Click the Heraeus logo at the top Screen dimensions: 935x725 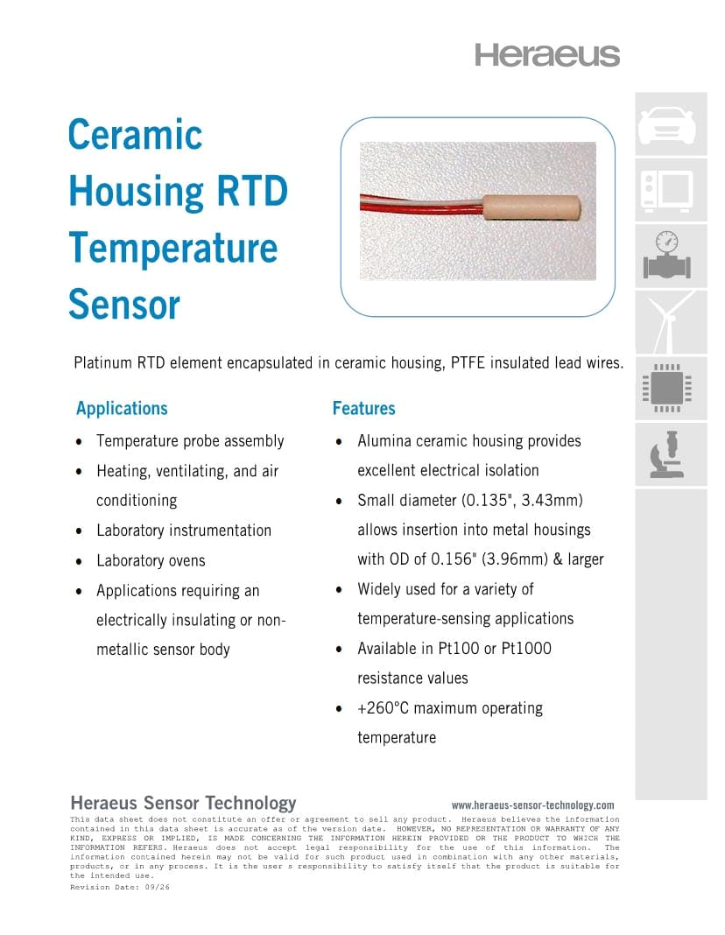(x=547, y=54)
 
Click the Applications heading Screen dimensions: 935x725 (x=122, y=409)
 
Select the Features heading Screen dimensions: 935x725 (x=363, y=409)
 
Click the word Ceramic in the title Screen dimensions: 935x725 (x=135, y=135)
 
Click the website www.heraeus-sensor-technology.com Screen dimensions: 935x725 (x=532, y=805)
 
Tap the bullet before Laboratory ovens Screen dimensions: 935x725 (x=81, y=561)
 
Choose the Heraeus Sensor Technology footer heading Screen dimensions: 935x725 (x=183, y=803)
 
